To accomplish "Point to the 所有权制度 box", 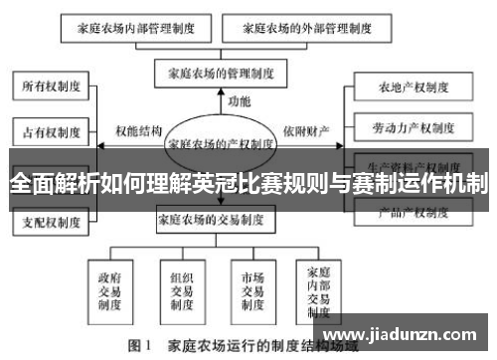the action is pos(53,87).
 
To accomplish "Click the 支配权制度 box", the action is pos(53,223).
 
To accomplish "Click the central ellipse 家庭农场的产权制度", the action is pos(221,143).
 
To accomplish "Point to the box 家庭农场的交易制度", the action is pos(221,219).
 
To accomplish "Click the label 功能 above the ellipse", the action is pos(239,100).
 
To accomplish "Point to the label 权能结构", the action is pos(138,130).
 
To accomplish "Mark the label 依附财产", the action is pos(305,130).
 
